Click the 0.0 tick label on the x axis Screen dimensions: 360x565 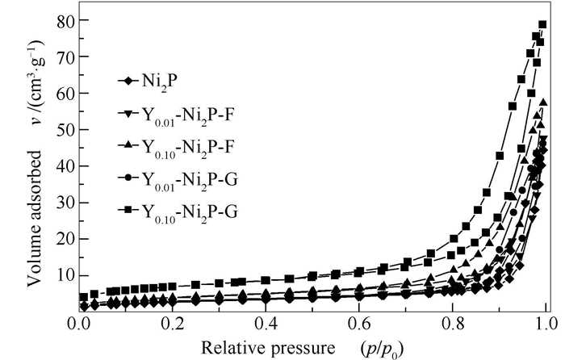click(80, 324)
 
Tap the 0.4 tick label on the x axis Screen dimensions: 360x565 click(266, 324)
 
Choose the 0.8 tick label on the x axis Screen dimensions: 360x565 click(453, 324)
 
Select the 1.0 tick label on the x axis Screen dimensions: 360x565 click(546, 324)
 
